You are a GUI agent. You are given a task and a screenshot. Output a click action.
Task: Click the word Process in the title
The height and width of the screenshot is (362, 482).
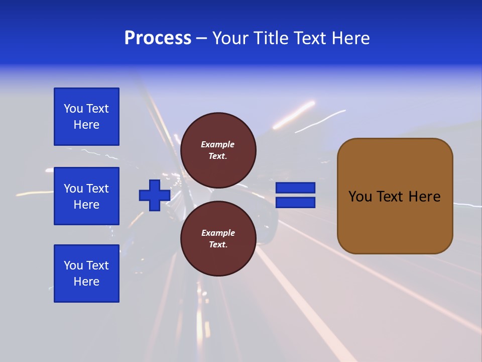click(x=158, y=38)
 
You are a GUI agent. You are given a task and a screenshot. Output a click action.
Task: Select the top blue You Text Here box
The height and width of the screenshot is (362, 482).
click(x=86, y=117)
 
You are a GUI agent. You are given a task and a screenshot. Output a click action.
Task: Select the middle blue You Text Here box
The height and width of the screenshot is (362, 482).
click(x=86, y=196)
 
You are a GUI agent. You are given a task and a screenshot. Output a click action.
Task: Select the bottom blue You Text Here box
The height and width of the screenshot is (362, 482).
click(x=86, y=274)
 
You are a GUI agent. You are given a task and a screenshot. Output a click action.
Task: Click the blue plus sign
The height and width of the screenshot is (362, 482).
click(x=155, y=195)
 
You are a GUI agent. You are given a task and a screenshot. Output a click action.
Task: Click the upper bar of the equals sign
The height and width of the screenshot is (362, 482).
click(x=295, y=188)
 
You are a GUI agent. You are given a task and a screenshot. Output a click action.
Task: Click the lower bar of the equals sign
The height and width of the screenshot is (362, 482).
click(x=295, y=202)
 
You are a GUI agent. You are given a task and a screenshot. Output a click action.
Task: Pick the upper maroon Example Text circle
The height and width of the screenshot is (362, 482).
click(x=218, y=150)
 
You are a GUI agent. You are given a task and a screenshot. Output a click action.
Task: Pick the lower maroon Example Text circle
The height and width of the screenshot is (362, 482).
click(x=218, y=239)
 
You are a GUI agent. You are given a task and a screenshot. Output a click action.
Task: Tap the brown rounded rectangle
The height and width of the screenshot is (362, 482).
click(x=395, y=221)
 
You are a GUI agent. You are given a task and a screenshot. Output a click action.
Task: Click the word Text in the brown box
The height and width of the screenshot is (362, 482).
click(x=393, y=197)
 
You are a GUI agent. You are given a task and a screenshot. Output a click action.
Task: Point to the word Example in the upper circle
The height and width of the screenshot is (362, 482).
click(x=217, y=144)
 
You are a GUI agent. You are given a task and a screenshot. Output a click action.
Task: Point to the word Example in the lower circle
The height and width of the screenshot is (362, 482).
click(x=218, y=233)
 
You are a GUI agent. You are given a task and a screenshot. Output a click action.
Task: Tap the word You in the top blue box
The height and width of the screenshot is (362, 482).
click(x=73, y=109)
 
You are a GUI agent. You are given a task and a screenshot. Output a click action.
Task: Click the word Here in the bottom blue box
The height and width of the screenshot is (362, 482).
click(x=86, y=282)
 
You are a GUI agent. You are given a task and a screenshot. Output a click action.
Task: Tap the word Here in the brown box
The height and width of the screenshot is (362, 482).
click(x=424, y=197)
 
